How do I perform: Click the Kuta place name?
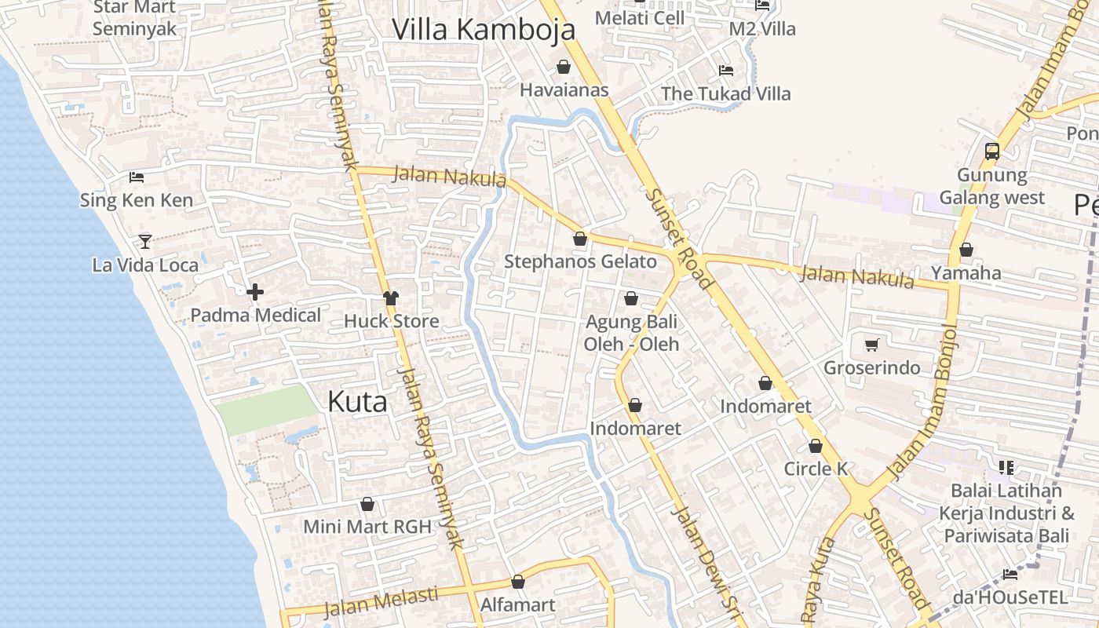pyautogui.click(x=357, y=401)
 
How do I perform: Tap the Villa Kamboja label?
pyautogui.click(x=484, y=30)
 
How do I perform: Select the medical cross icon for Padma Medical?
pyautogui.click(x=255, y=293)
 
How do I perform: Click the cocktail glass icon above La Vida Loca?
pyautogui.click(x=145, y=241)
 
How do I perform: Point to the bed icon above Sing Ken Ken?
pyautogui.click(x=137, y=177)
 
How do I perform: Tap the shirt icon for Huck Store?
pyautogui.click(x=391, y=298)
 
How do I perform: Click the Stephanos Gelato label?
pyautogui.click(x=580, y=261)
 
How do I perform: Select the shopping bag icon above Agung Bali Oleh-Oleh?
pyautogui.click(x=631, y=298)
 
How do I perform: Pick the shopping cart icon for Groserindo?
pyautogui.click(x=871, y=345)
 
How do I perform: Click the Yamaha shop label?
pyautogui.click(x=966, y=272)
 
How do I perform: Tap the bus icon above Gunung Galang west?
pyautogui.click(x=992, y=151)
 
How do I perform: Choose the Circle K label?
pyautogui.click(x=816, y=469)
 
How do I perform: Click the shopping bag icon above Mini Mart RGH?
pyautogui.click(x=367, y=504)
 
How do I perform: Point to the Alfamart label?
pyautogui.click(x=517, y=604)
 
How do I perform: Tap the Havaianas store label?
pyautogui.click(x=564, y=89)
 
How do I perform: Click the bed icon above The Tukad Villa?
pyautogui.click(x=726, y=70)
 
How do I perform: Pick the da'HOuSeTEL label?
pyautogui.click(x=1010, y=597)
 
